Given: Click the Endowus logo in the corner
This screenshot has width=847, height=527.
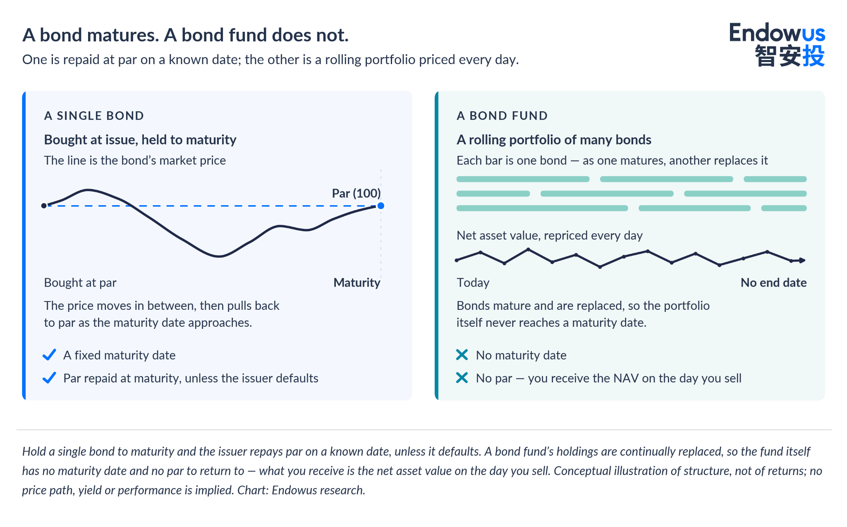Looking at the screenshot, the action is click(777, 45).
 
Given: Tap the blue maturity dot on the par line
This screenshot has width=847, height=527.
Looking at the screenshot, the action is click(381, 206).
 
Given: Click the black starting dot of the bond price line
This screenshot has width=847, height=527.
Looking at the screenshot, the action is click(44, 206).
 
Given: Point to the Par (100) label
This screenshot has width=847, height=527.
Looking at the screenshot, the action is click(356, 193).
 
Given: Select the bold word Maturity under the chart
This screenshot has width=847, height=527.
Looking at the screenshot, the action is click(357, 283).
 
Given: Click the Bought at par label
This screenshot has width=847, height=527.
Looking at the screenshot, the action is click(80, 283).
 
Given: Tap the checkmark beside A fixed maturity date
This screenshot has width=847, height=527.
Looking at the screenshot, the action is click(49, 355).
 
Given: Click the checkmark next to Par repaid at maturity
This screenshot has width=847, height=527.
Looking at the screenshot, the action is click(49, 378).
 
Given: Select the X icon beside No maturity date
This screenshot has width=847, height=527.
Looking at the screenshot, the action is click(462, 355).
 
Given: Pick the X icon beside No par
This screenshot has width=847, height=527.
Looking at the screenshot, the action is click(462, 378).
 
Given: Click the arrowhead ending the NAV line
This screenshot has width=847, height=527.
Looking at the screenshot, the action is click(803, 260).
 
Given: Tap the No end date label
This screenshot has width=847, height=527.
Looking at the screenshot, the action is click(773, 283).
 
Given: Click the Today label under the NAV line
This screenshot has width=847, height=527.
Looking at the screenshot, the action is click(473, 283).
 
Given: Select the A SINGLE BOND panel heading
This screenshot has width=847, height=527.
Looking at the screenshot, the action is click(94, 116).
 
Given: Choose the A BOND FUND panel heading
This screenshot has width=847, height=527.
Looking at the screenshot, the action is click(502, 116).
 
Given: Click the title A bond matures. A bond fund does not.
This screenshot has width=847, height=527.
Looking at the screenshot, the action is click(185, 35).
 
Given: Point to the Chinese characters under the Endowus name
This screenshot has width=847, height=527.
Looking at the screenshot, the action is click(790, 56).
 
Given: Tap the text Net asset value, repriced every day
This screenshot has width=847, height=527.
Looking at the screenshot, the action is click(549, 235).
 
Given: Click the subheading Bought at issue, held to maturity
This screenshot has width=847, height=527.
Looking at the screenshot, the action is click(140, 140).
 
